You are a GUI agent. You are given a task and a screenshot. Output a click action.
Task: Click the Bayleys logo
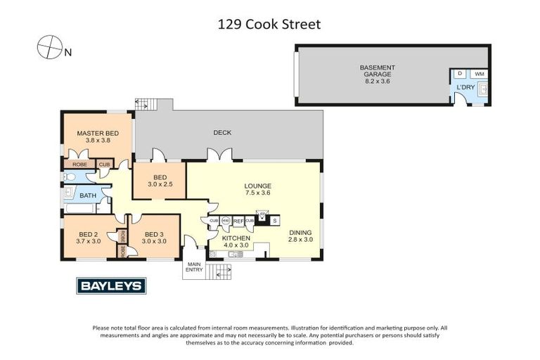pyautogui.click(x=111, y=285)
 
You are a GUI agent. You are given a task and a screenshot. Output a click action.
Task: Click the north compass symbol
pyautogui.click(x=49, y=47)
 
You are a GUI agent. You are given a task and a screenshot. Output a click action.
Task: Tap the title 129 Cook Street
pyautogui.click(x=269, y=25)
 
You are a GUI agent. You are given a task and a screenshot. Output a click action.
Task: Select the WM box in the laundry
pyautogui.click(x=480, y=74)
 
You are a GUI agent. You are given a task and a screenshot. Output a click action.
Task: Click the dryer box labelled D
pyautogui.click(x=459, y=74)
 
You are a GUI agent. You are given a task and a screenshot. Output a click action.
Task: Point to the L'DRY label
pyautogui.click(x=465, y=87)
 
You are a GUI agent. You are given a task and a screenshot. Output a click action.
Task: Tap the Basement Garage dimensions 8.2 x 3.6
pyautogui.click(x=377, y=81)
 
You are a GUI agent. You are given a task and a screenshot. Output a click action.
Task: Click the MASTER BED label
pyautogui.click(x=98, y=134)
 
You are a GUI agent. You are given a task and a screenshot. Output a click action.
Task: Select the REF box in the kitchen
pyautogui.click(x=238, y=221)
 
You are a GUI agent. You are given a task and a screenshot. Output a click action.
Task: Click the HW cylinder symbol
pyautogui.click(x=226, y=221)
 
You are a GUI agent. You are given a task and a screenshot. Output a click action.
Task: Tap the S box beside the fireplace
pyautogui.click(x=275, y=221)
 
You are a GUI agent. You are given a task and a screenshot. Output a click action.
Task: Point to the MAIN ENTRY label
pyautogui.click(x=193, y=267)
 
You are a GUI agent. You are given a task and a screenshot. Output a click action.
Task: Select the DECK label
pyautogui.click(x=222, y=133)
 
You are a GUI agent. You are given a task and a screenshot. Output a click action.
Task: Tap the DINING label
pyautogui.click(x=299, y=231)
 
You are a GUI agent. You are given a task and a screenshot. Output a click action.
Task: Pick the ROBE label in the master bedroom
pyautogui.click(x=79, y=165)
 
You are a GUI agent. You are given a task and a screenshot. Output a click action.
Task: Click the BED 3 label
pyautogui.click(x=154, y=234)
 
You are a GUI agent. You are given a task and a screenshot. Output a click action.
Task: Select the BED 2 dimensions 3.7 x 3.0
pyautogui.click(x=89, y=241)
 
